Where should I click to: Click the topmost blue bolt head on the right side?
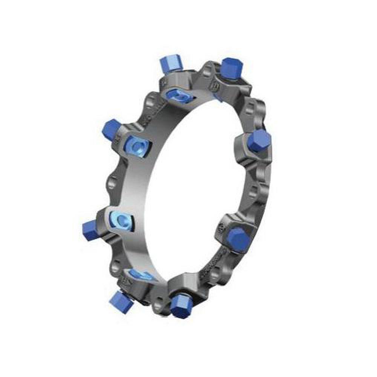pos(231,67)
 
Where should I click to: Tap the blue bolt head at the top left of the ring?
pos(170,63)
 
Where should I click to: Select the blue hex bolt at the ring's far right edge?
pos(259,140)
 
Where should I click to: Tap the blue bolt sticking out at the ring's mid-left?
pos(90,230)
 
